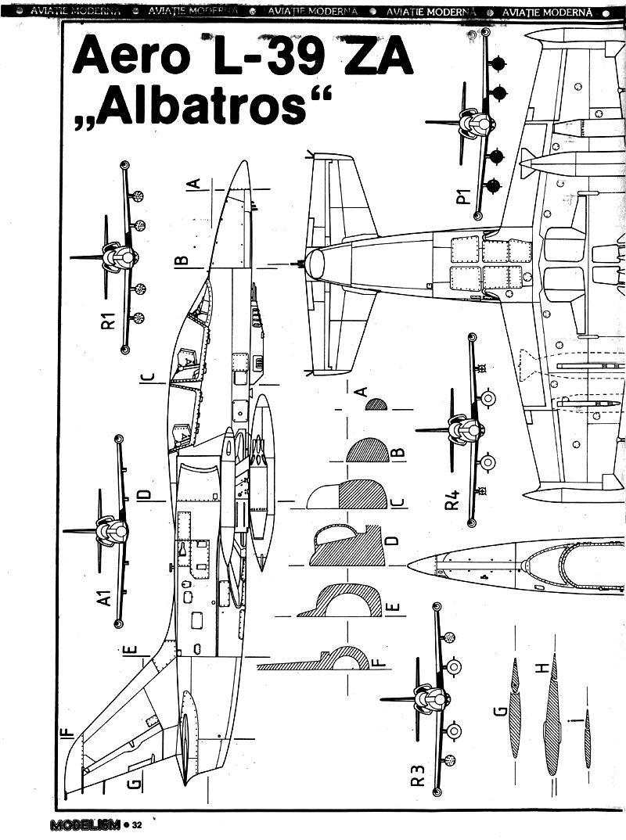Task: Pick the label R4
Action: click(x=452, y=500)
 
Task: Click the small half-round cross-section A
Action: click(x=377, y=404)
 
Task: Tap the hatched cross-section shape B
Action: click(x=368, y=451)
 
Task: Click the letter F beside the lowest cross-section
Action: click(x=380, y=663)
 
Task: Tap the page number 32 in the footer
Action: click(x=137, y=825)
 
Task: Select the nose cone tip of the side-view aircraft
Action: click(x=244, y=163)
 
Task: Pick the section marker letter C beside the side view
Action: click(x=146, y=379)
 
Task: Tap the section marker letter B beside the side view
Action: click(x=181, y=259)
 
